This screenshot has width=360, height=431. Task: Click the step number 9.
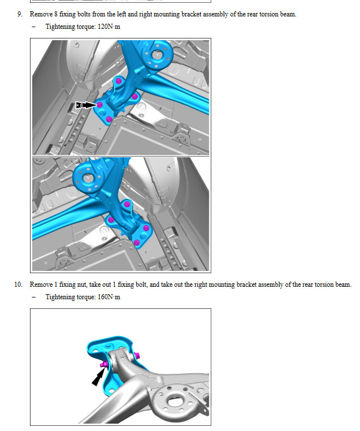tap(20, 14)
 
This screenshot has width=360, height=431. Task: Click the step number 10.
tap(19, 285)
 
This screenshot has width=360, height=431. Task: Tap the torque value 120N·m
tap(109, 27)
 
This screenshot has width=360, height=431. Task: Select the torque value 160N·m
tap(109, 297)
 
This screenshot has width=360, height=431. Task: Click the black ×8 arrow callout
tap(86, 105)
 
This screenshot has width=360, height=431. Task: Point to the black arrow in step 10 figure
tap(98, 377)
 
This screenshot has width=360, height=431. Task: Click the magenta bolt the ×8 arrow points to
tap(99, 105)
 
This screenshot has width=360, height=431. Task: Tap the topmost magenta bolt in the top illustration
tap(118, 81)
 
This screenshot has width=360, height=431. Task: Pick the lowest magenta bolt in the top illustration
tap(109, 119)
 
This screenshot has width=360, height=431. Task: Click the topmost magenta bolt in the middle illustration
tap(127, 204)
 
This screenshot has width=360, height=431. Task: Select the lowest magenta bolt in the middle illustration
tap(136, 243)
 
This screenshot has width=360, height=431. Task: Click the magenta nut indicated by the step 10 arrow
tap(103, 365)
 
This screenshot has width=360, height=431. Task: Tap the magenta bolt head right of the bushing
tap(137, 356)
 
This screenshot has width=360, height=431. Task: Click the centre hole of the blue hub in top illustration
tap(157, 54)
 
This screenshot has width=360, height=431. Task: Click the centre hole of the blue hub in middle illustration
tap(88, 178)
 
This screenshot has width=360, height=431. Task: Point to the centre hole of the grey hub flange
tap(174, 402)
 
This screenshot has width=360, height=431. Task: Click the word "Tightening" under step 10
tap(60, 297)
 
